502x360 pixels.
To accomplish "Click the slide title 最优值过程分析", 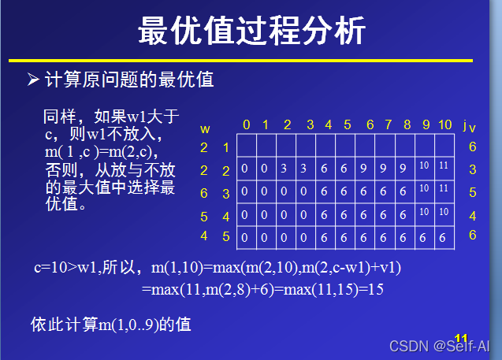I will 251,32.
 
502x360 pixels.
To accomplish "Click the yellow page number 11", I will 462,338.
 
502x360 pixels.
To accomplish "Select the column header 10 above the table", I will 445,124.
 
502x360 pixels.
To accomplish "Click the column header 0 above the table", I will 246,124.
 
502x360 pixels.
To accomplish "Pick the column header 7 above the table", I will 388,124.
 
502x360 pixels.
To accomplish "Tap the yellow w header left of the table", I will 205,128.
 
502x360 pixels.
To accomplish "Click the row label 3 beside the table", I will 225,193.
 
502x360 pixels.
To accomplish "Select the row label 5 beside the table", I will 225,236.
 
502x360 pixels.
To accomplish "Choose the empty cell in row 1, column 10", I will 444,146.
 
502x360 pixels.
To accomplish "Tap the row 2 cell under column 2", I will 284,169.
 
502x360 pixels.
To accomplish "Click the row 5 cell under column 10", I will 444,237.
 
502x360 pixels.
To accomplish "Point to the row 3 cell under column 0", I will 245,191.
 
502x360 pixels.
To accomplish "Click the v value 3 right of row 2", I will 472,169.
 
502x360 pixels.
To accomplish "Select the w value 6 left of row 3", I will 204,193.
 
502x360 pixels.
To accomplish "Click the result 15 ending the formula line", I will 375,289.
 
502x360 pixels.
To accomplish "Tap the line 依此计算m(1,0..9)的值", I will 110,324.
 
